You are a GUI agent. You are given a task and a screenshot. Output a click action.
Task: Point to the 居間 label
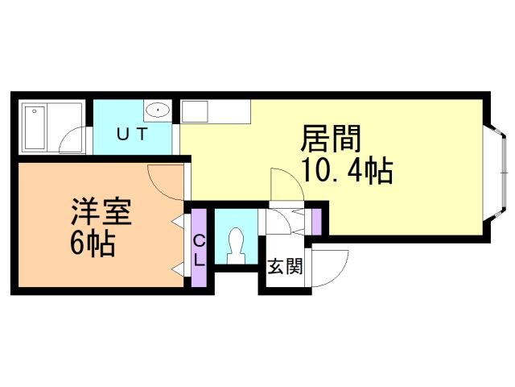[329, 139]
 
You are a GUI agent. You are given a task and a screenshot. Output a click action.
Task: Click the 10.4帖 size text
[347, 171]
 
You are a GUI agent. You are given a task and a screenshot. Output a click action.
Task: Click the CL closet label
[199, 250]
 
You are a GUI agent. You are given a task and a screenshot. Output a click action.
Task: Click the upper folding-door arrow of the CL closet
[177, 220]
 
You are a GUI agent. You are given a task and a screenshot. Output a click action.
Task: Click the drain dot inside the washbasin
[158, 110]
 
